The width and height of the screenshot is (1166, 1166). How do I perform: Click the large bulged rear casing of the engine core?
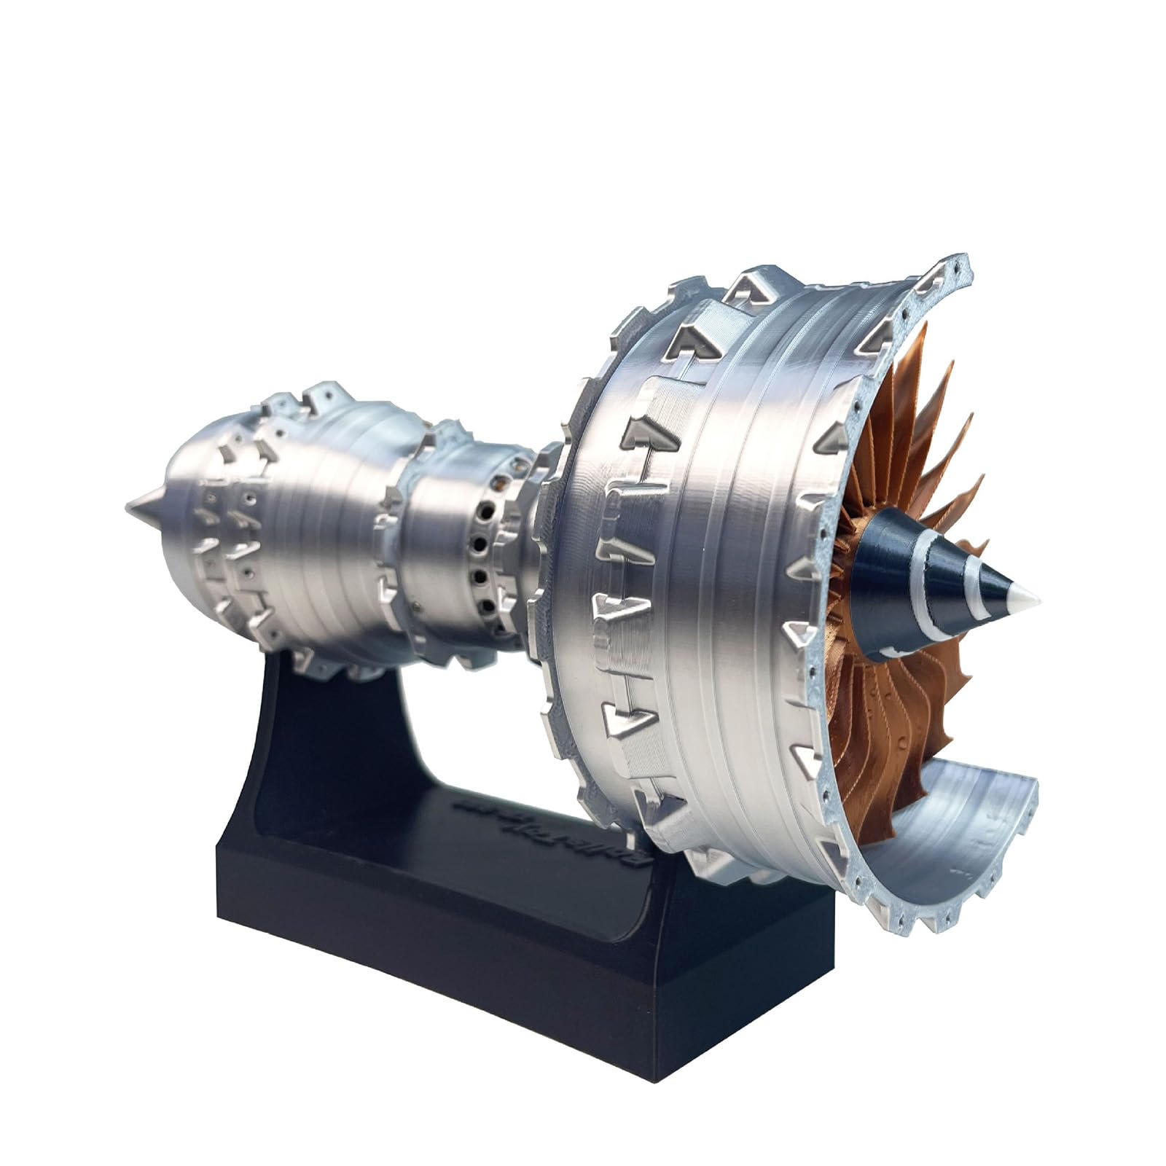[321, 525]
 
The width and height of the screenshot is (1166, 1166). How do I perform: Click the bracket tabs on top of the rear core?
[321, 397]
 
